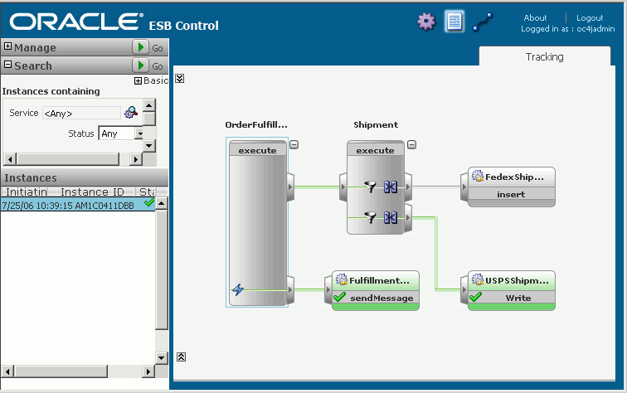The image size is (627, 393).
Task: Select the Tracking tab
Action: click(x=544, y=56)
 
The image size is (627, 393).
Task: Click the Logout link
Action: click(x=590, y=18)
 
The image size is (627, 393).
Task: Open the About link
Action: click(x=535, y=18)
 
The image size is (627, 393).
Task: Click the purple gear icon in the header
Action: click(x=426, y=22)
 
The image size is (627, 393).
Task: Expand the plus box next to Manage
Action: click(x=7, y=46)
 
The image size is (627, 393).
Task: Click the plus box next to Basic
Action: click(x=138, y=80)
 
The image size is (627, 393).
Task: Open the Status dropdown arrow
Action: click(x=139, y=133)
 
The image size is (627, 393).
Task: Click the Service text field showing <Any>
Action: click(x=81, y=113)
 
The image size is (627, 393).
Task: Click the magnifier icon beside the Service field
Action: click(x=131, y=112)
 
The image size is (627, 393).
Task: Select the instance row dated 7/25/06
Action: click(x=78, y=205)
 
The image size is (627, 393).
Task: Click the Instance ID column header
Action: click(x=92, y=192)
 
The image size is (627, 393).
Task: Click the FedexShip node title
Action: click(x=514, y=177)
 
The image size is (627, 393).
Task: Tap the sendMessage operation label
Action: click(x=382, y=298)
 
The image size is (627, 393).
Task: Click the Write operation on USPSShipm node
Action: click(x=518, y=298)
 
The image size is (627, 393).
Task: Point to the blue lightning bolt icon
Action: click(x=238, y=289)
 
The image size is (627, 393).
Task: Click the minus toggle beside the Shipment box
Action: click(x=412, y=145)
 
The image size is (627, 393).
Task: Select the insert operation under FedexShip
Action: click(x=511, y=194)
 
